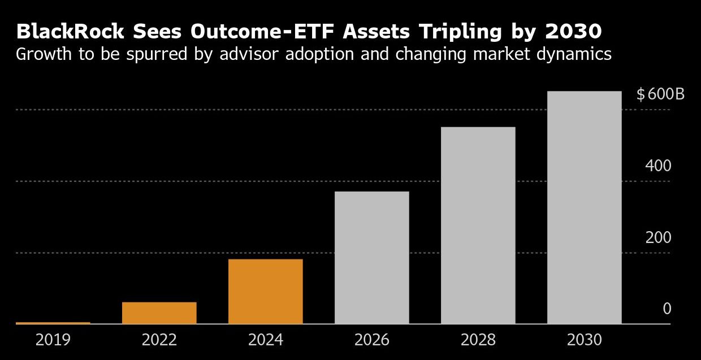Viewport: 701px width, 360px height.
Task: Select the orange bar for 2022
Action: tap(159, 313)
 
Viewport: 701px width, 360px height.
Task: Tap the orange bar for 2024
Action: tap(266, 292)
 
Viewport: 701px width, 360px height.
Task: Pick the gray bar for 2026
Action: tap(372, 258)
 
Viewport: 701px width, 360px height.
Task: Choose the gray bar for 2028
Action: tap(478, 225)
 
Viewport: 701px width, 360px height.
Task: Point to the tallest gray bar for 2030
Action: tap(585, 207)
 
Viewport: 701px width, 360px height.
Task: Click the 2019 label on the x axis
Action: tap(53, 340)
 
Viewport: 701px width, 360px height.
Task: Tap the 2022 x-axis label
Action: tap(159, 340)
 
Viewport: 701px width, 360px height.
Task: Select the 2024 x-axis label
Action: tap(266, 340)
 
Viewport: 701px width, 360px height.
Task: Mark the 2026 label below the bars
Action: tap(372, 340)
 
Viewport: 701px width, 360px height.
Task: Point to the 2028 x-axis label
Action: tap(478, 340)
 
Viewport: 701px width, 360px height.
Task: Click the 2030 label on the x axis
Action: tap(585, 340)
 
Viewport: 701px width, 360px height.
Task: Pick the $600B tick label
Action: tap(660, 94)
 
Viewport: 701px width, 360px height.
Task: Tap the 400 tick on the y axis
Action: tap(659, 166)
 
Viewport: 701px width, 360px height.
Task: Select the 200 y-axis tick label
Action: tap(659, 238)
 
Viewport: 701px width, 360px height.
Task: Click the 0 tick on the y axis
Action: tap(667, 309)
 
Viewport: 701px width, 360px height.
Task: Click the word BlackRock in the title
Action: tap(70, 32)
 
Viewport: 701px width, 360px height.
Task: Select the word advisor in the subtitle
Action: tap(249, 54)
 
